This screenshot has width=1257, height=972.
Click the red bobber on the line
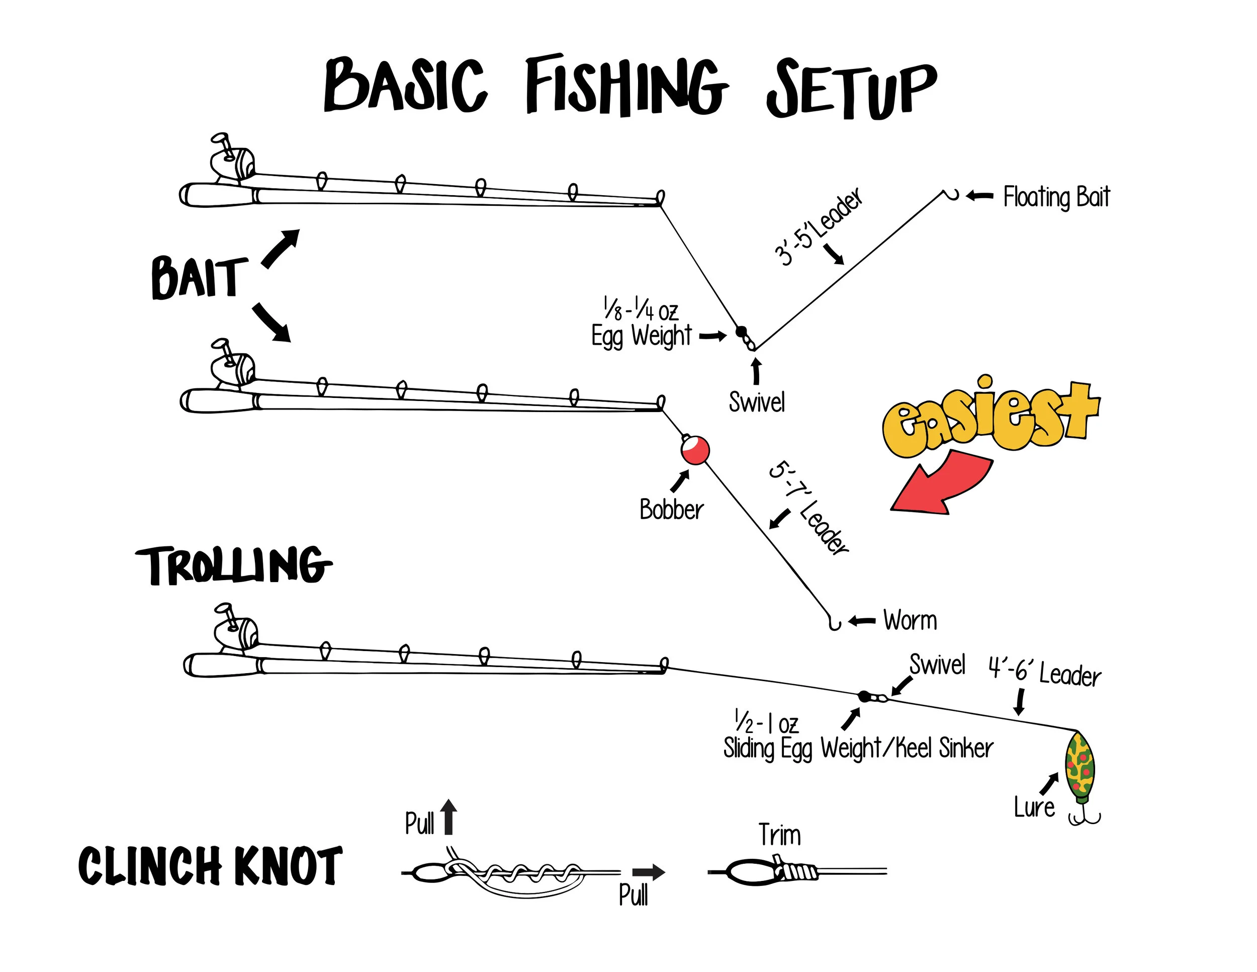[695, 450]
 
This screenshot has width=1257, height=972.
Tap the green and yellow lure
[1080, 766]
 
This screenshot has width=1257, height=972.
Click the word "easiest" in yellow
[990, 416]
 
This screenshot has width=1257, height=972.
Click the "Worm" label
[910, 621]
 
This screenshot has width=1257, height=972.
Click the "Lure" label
[1034, 807]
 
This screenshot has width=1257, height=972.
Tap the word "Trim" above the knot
[779, 835]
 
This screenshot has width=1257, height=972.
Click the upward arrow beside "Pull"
[449, 817]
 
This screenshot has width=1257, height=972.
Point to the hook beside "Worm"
[834, 622]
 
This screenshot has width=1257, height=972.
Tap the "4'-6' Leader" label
[1045, 672]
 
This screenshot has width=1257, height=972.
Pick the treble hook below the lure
[1085, 818]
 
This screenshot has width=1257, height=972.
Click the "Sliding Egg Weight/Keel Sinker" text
[858, 748]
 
